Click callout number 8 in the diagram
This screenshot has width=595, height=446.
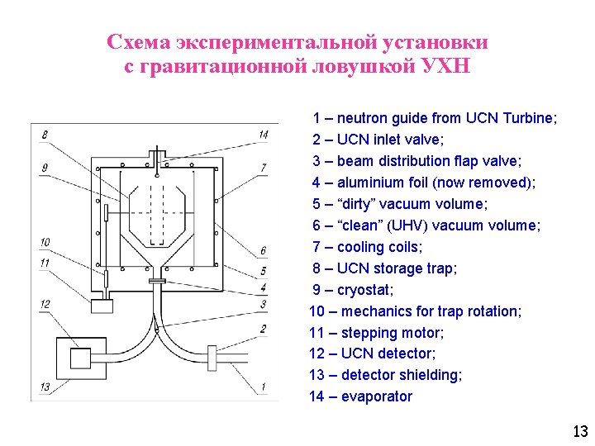point(44,135)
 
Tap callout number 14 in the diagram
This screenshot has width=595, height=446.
point(263,135)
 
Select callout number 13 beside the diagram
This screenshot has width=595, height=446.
point(45,387)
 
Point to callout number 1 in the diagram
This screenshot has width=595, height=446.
point(263,387)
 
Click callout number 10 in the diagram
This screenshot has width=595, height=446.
point(45,242)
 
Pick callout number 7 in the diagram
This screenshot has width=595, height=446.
point(263,168)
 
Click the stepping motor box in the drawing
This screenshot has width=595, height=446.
point(102,306)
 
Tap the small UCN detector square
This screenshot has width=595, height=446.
point(80,358)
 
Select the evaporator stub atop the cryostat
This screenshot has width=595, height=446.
point(156,154)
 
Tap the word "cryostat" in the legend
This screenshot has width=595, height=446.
point(365,290)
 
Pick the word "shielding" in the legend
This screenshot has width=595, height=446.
point(431,375)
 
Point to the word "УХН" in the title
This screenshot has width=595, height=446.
point(444,66)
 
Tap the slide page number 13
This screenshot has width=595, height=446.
point(579,431)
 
